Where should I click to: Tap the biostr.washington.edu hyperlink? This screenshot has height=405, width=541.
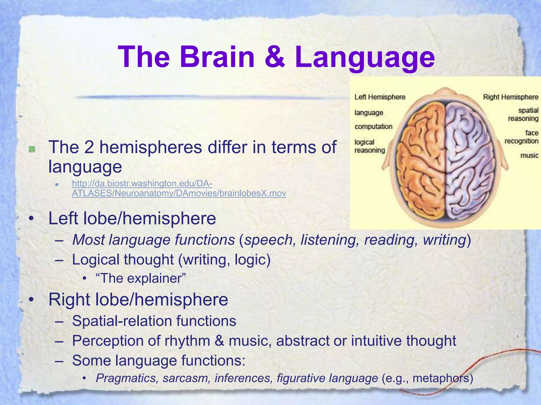tap(179, 188)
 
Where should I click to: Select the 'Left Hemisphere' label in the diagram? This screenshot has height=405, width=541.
tap(380, 97)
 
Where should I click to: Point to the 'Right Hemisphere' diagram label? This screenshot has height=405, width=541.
tap(510, 97)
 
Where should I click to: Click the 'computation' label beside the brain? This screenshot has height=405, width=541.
tap(373, 127)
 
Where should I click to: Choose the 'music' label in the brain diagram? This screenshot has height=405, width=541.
tap(529, 156)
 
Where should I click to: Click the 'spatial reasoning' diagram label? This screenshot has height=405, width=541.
tap(523, 114)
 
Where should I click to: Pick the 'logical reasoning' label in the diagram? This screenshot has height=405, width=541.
tap(370, 146)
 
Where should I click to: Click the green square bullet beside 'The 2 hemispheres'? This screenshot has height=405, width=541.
tap(32, 149)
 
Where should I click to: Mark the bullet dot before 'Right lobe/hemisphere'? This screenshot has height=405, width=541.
tap(31, 300)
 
